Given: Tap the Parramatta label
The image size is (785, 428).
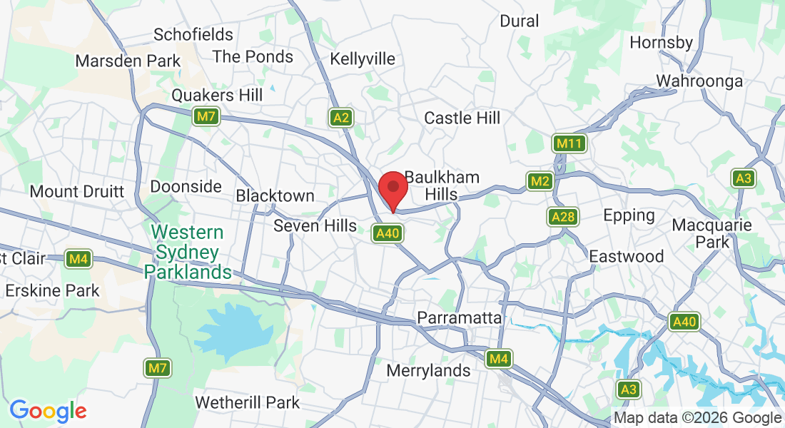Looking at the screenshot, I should (460, 317).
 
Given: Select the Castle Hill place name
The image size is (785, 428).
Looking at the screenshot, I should (462, 118).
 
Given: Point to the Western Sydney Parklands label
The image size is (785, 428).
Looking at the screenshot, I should (188, 253).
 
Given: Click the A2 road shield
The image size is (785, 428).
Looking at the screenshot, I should (341, 118).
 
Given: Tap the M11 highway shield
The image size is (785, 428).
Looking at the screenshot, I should (569, 144).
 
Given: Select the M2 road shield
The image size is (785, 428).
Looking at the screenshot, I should (540, 181).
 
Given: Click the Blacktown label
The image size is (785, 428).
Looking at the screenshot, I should (275, 195).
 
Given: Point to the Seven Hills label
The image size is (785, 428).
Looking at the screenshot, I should (315, 226).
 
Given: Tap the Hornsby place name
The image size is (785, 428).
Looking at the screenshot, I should (661, 42).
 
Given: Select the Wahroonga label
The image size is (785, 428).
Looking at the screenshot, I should (699, 81).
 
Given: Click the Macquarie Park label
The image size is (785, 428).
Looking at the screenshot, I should (711, 234).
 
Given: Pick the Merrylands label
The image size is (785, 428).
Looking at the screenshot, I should (428, 370).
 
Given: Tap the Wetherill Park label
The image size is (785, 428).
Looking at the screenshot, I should (248, 403).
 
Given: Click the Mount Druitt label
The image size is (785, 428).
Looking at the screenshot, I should (77, 191).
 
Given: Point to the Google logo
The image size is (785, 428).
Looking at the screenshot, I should (48, 411).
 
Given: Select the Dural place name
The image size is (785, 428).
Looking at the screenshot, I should (520, 21).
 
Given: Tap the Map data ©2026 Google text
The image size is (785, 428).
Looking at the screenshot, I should (698, 418).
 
